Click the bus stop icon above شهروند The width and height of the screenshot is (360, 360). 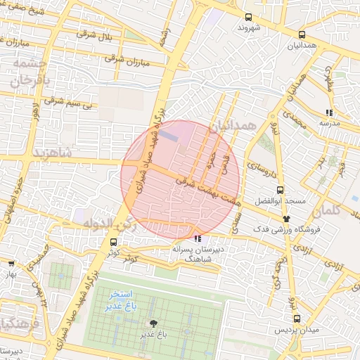pyautogui.click(x=247, y=18)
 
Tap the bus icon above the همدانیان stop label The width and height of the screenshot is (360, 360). pyautogui.click(x=302, y=34)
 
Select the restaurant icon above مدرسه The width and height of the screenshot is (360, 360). pyautogui.click(x=329, y=112)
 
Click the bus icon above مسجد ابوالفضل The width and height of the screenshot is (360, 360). pyautogui.click(x=280, y=190)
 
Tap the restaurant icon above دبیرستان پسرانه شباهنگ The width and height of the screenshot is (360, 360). pyautogui.click(x=197, y=238)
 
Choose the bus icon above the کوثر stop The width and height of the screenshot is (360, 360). pyautogui.click(x=113, y=242)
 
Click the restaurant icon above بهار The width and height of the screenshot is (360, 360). pyautogui.click(x=11, y=264)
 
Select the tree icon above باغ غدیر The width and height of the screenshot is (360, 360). pyautogui.click(x=153, y=323)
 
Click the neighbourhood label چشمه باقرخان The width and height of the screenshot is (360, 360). pyautogui.click(x=27, y=73)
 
